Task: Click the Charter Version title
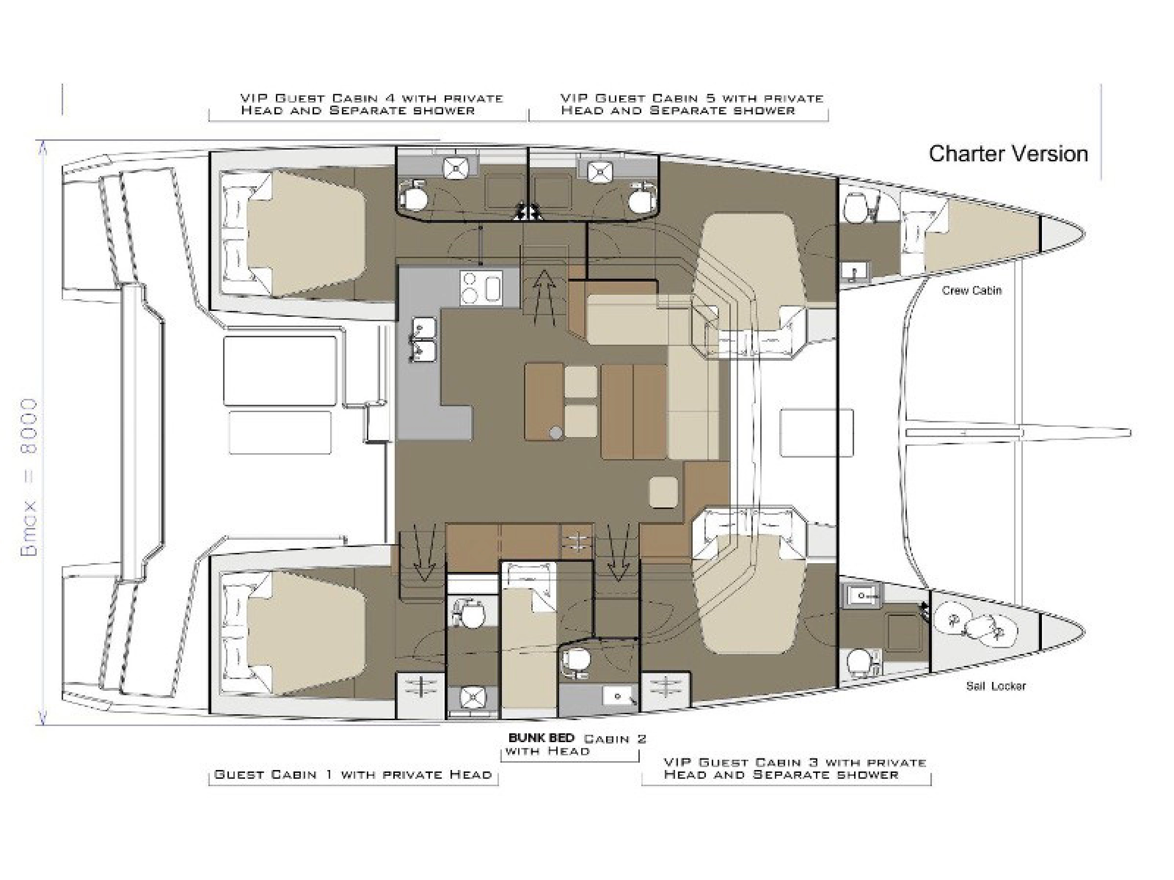1008,154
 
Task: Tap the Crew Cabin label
972,291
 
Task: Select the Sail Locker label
995,686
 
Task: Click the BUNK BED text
542,737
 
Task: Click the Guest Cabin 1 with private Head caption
353,774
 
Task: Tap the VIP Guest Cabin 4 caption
371,104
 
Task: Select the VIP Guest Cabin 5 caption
692,104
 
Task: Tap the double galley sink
423,338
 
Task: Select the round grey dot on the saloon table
556,433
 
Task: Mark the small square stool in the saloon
663,492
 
